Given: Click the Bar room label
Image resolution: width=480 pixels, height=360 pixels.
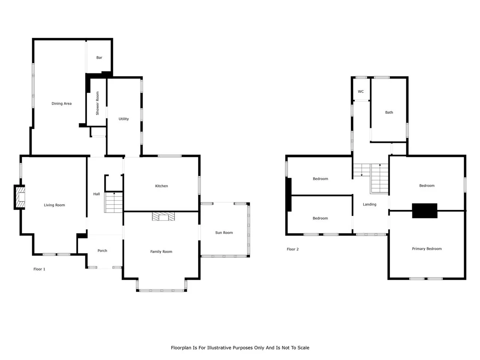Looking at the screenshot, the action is (x=99, y=57).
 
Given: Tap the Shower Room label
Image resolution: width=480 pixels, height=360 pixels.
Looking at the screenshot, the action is (x=97, y=103).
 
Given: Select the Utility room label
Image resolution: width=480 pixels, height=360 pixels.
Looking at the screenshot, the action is (x=123, y=119).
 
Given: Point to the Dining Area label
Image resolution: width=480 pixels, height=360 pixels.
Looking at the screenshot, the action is (x=61, y=103).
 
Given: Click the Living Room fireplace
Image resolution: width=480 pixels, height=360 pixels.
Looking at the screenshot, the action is (x=19, y=197).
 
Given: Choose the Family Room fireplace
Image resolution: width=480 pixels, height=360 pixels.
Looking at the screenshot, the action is (x=163, y=216).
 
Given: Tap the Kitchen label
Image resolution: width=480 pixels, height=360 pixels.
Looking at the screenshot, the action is (x=161, y=186).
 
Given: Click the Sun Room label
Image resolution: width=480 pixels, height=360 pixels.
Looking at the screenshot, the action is (x=224, y=232).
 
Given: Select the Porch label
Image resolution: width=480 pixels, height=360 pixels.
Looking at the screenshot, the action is (x=102, y=251).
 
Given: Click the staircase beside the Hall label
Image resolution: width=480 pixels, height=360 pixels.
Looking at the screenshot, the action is (x=114, y=202).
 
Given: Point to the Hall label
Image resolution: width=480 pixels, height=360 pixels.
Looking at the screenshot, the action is (x=96, y=194).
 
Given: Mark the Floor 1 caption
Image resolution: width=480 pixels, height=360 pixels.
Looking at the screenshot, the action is (x=39, y=269).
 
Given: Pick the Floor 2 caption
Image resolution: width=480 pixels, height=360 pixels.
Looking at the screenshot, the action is (x=292, y=249).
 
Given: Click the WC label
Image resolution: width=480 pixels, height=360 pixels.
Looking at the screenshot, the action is (x=361, y=91).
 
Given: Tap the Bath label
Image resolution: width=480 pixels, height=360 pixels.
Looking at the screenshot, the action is (x=389, y=112).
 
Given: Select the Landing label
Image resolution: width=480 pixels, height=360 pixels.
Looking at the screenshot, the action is (x=370, y=204).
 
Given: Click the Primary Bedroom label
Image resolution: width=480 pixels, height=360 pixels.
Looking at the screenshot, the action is (x=427, y=249).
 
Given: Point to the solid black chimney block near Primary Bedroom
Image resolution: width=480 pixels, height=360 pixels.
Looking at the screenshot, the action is (x=424, y=211).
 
